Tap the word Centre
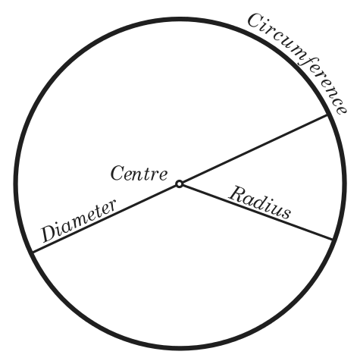(x=139, y=173)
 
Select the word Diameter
(x=79, y=221)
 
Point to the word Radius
(x=260, y=202)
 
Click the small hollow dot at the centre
(x=179, y=184)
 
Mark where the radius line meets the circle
(x=332, y=239)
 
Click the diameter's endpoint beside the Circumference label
(x=327, y=115)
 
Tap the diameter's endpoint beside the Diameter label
(x=33, y=252)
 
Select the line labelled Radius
(x=255, y=212)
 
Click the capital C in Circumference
(x=255, y=20)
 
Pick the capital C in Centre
(x=118, y=173)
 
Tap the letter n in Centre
(x=140, y=175)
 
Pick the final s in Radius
(x=286, y=214)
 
